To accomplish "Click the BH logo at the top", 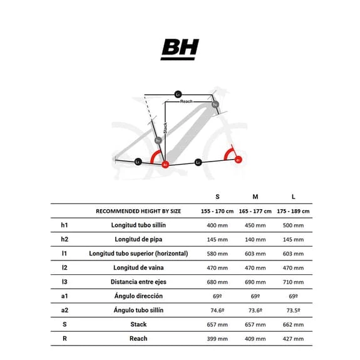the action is click(180, 49).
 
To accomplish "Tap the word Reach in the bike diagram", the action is click(187, 101).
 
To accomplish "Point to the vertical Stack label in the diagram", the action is click(165, 129).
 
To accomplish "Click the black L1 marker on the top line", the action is click(178, 95).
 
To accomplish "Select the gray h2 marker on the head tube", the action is click(215, 105).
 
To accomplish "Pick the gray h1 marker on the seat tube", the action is click(158, 140).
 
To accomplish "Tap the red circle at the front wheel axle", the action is click(238, 160).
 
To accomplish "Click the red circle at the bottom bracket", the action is click(165, 164).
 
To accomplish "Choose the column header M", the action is click(255, 197).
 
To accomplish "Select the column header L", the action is click(293, 197).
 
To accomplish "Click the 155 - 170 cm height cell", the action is click(217, 211).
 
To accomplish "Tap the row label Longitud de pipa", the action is click(138, 239).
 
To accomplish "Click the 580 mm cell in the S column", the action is click(217, 254).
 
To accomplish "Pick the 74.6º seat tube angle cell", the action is click(217, 311).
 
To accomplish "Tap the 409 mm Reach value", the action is click(255, 339).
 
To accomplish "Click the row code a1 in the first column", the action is click(65, 296).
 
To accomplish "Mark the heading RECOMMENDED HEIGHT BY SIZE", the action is click(138, 211).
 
